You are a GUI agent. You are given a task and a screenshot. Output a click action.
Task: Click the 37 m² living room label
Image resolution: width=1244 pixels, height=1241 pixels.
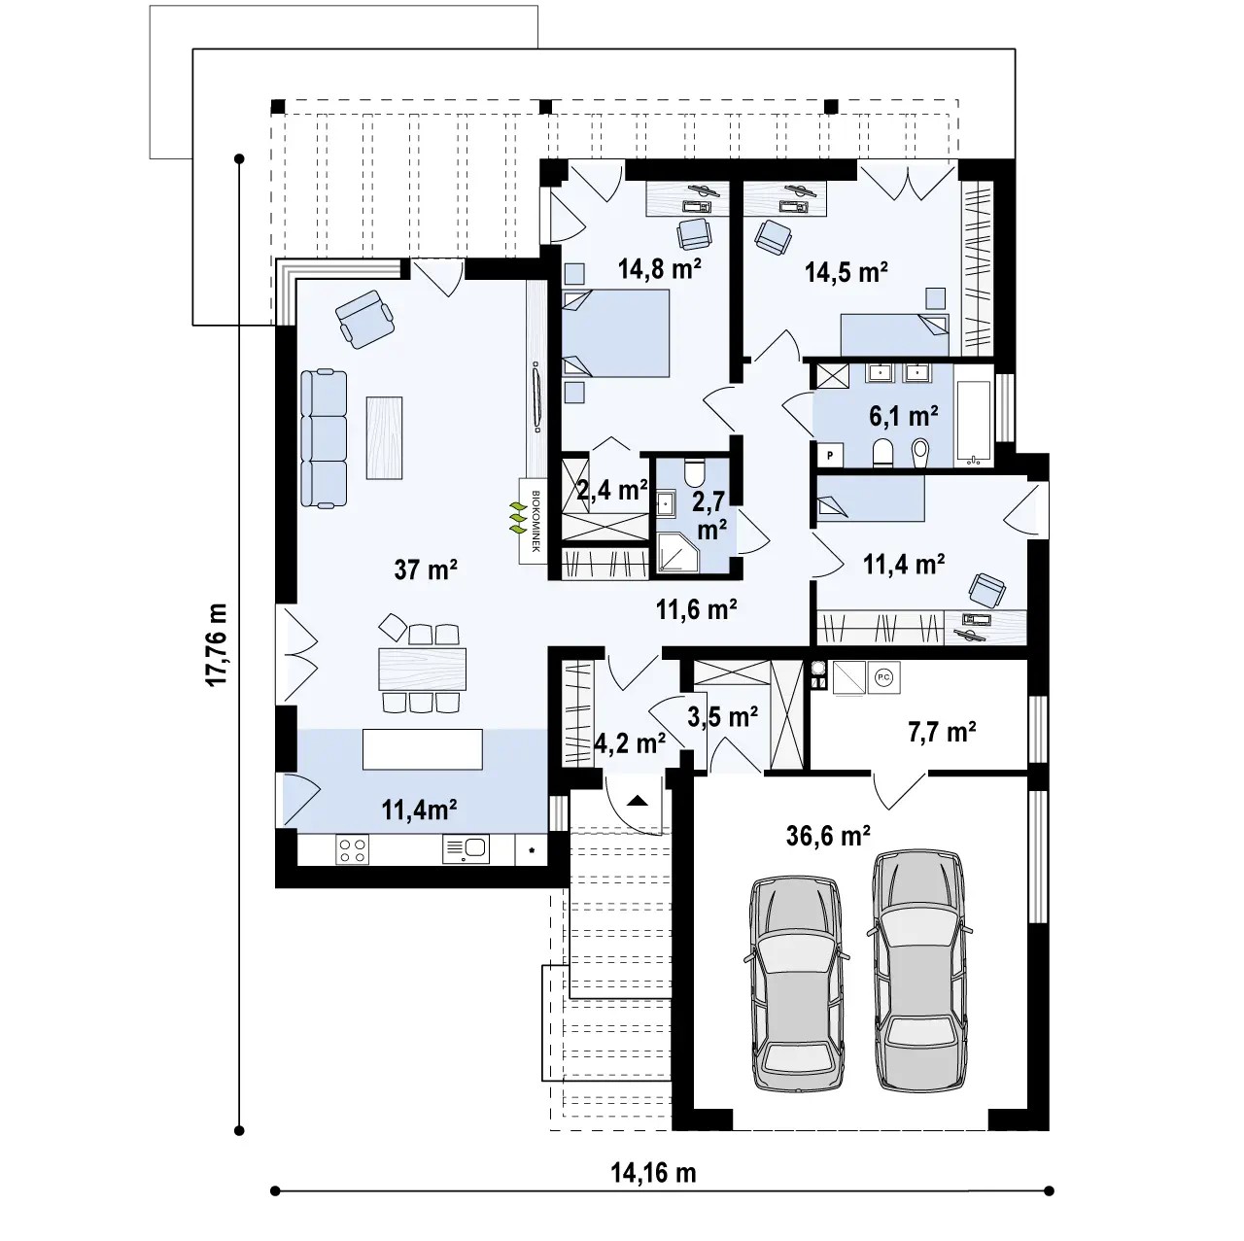[x=426, y=569]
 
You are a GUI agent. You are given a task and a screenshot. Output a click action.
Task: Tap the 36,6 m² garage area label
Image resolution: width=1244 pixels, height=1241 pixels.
[x=828, y=836]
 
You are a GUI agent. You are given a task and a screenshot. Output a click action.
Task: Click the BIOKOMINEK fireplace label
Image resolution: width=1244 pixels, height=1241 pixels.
[x=536, y=521]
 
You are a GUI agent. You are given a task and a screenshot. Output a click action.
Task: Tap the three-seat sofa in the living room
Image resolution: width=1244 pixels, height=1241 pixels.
[x=324, y=437]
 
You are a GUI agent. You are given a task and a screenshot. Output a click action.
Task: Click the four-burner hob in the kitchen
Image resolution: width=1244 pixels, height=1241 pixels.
[x=353, y=849]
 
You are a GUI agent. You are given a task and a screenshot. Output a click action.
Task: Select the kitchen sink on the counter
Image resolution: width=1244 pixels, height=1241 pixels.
[x=466, y=849]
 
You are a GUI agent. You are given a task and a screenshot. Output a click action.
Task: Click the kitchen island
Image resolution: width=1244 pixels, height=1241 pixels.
[x=422, y=749]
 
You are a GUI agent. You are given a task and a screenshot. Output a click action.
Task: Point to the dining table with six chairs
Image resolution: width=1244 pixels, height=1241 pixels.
[x=422, y=669]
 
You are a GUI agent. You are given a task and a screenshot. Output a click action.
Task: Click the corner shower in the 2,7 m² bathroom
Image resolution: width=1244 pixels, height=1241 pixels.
[x=678, y=553]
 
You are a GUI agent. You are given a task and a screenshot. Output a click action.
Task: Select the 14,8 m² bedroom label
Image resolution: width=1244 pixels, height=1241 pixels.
[x=660, y=268]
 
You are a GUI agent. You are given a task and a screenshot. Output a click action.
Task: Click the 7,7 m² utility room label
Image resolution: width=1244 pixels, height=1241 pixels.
[x=942, y=732]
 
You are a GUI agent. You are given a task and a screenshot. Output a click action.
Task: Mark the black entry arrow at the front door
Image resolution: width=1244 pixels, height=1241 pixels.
[x=638, y=802]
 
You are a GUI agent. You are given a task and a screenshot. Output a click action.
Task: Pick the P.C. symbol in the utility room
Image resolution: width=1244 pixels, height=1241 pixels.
[x=883, y=677]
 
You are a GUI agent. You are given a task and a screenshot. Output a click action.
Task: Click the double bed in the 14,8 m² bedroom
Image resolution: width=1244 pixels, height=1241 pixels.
[x=616, y=333]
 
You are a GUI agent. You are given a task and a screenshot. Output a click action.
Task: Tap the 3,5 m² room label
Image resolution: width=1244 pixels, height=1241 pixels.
[x=722, y=716]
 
